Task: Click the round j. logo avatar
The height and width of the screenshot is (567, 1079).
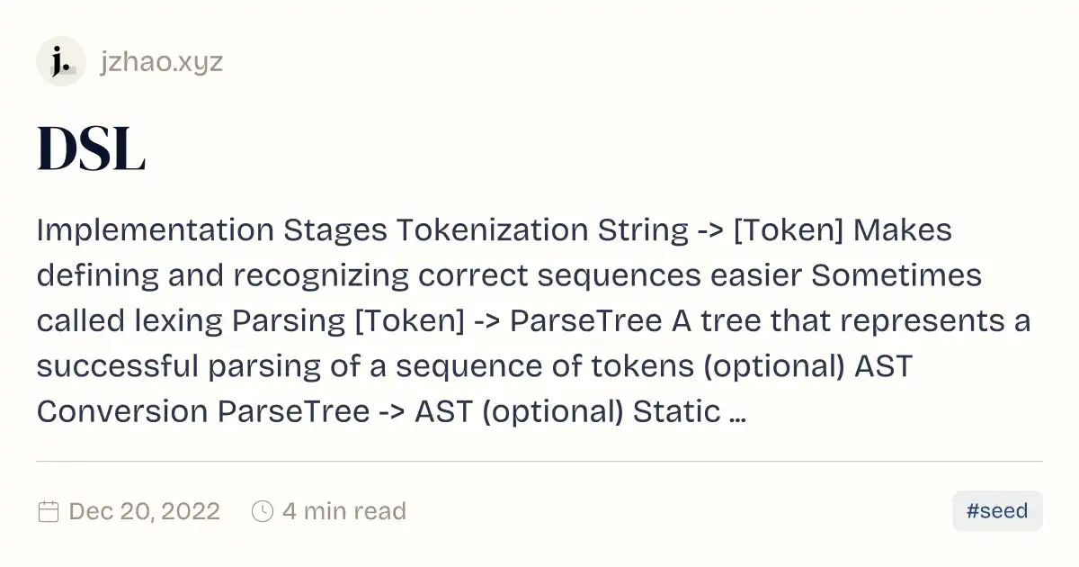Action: tap(61, 61)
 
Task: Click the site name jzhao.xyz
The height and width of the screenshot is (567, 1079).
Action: tap(162, 62)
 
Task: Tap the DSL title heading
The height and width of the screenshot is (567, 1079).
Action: tap(91, 148)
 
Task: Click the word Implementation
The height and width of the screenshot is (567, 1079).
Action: tap(156, 230)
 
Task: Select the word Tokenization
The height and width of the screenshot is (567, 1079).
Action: tap(493, 229)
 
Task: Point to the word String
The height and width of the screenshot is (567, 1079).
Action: tap(643, 230)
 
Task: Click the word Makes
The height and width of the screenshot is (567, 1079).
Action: tap(902, 229)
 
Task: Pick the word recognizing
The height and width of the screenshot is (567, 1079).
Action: tap(321, 275)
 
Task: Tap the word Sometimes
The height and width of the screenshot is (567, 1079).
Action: tap(896, 275)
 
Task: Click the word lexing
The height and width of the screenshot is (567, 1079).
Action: tap(178, 321)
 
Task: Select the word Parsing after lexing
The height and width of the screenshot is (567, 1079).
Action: tap(289, 321)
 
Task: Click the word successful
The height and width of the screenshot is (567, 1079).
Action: tap(118, 366)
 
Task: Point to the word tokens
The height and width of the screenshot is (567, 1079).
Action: tap(643, 366)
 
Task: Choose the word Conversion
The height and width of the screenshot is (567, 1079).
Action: tap(122, 412)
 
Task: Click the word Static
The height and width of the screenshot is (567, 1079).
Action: tap(676, 412)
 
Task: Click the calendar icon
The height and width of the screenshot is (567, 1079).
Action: tap(49, 511)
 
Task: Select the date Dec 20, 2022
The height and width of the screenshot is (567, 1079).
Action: tap(145, 511)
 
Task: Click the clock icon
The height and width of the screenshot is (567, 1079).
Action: tap(263, 511)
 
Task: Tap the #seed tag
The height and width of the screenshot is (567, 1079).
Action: tap(997, 511)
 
